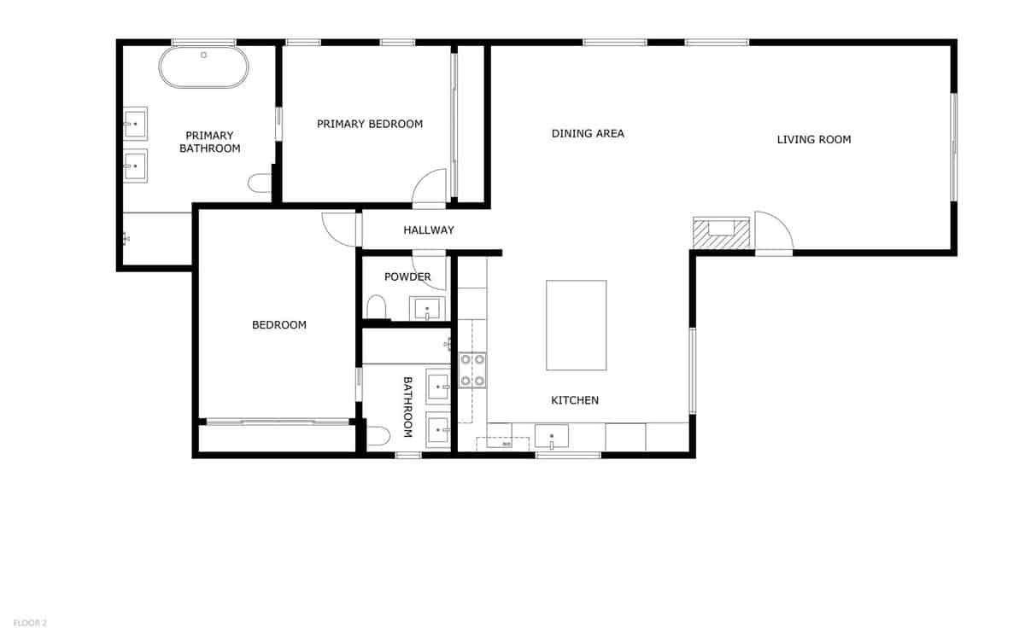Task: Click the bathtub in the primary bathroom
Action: (x=204, y=67)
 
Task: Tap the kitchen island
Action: (x=577, y=325)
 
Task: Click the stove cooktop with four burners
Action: (x=472, y=369)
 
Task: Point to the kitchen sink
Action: (x=552, y=436)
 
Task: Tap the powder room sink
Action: (x=427, y=307)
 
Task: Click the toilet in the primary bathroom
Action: (x=259, y=183)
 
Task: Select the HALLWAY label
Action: (x=429, y=230)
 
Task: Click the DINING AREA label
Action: (x=588, y=133)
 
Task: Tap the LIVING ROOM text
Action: (x=813, y=139)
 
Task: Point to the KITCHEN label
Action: (x=575, y=400)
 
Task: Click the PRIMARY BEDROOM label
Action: (x=370, y=124)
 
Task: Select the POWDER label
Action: (x=407, y=276)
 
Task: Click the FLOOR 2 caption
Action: (x=30, y=623)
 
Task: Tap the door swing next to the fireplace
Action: (x=773, y=230)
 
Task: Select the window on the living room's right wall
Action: (x=953, y=147)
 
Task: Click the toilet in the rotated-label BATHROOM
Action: (x=378, y=436)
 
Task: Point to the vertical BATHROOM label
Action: (x=407, y=407)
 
